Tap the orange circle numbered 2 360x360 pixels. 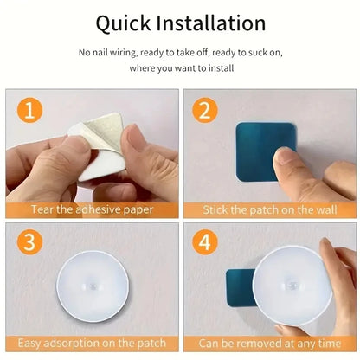(206, 111)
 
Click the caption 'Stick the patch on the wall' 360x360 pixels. (268, 209)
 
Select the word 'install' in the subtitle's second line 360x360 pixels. (215, 67)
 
